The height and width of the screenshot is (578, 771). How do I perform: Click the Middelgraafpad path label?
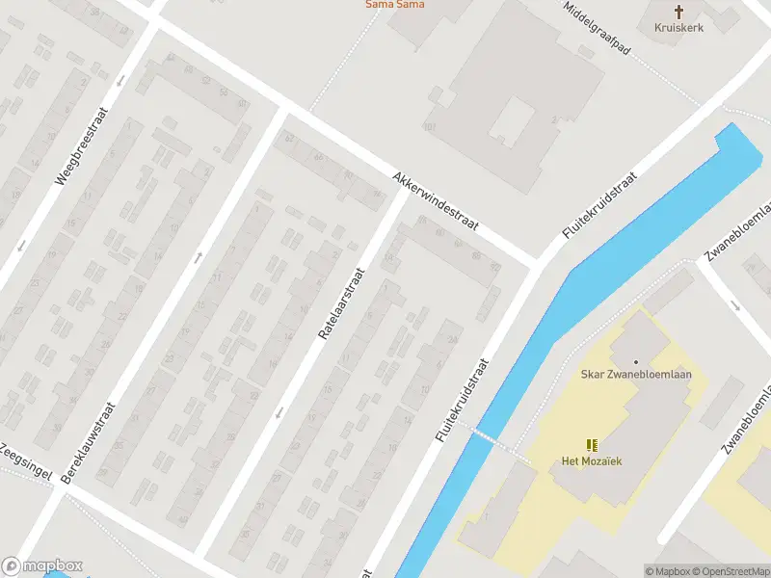tap(598, 26)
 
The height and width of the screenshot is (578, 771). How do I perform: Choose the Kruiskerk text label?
tap(678, 28)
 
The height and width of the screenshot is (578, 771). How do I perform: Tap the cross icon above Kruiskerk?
tap(678, 12)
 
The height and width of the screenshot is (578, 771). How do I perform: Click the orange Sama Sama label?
tap(394, 5)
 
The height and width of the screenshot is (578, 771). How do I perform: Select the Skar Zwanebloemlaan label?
tap(636, 375)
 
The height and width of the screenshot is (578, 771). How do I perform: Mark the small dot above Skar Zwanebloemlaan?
tap(636, 361)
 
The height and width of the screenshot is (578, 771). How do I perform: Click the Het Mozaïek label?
tap(592, 460)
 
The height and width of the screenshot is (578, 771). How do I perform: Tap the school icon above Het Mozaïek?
tap(592, 444)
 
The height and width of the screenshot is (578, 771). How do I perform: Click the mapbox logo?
tap(42, 565)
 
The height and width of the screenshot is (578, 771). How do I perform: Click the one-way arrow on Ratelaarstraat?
tap(279, 412)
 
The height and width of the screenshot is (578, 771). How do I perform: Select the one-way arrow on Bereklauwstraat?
tap(198, 256)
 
